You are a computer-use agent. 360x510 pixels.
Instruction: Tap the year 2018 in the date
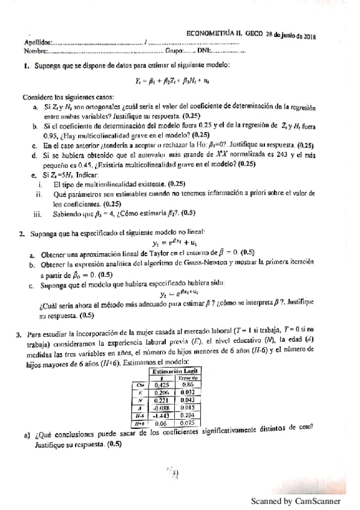click(308, 37)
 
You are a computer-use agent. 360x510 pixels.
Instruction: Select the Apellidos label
click(38, 43)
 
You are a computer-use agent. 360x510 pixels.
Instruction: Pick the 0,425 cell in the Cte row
click(160, 385)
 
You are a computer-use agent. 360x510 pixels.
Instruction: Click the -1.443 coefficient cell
click(160, 414)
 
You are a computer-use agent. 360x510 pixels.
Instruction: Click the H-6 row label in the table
click(139, 414)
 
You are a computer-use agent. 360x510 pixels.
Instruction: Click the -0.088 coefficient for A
click(160, 407)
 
